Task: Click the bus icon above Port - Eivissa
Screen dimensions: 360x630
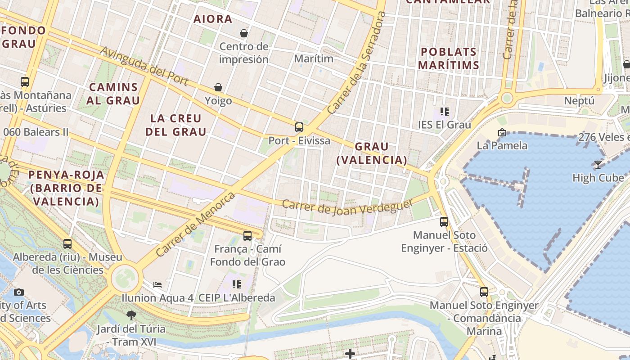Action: click(299, 127)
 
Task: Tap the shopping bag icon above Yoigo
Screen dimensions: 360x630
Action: click(218, 87)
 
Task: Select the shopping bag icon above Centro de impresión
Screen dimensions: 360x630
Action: click(244, 33)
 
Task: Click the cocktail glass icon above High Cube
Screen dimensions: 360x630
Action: click(598, 165)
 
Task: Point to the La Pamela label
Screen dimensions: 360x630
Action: click(502, 145)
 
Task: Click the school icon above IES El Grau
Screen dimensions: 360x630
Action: click(445, 111)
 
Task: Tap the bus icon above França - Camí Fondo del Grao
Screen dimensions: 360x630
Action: click(247, 235)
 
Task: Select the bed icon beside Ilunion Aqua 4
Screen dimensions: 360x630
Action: click(157, 284)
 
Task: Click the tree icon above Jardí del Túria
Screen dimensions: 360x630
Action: click(131, 315)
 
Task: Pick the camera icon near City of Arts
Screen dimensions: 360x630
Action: click(18, 292)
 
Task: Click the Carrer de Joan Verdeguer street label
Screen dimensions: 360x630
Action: click(347, 207)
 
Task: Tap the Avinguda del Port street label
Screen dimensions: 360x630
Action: click(144, 66)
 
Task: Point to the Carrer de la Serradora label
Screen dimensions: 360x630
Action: click(357, 63)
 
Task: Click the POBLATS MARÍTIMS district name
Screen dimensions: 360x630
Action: click(448, 58)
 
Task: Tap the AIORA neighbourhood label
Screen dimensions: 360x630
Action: click(213, 19)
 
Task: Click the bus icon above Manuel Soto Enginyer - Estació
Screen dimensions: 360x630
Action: click(444, 221)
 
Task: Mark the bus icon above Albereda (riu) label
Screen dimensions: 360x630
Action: click(67, 244)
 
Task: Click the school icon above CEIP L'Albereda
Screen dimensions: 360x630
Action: click(237, 284)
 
